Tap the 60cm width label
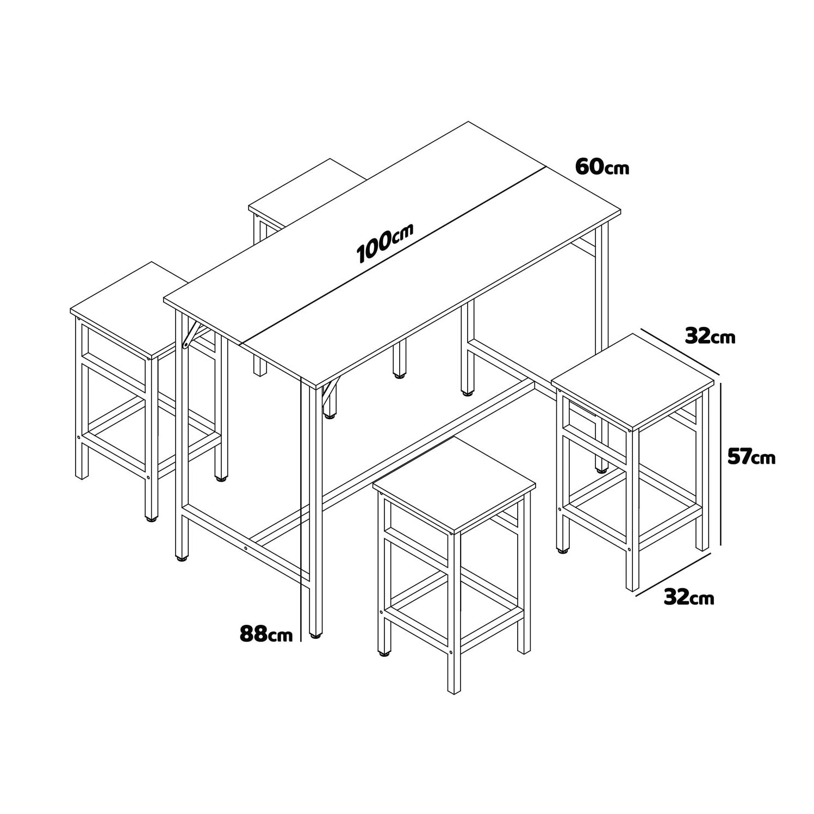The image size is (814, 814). [x=601, y=166]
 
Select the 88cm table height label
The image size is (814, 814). [x=266, y=633]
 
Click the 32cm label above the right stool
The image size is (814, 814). [x=710, y=337]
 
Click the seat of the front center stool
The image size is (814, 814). [x=454, y=484]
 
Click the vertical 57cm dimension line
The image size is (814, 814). [x=722, y=462]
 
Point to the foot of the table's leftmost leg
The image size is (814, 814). [x=181, y=557]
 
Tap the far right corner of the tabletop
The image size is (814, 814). [x=620, y=213]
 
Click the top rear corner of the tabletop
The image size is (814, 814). [x=468, y=122]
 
